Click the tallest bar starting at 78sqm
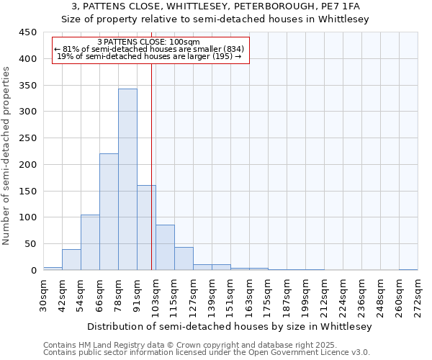(x=127, y=180)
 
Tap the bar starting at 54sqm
(x=90, y=243)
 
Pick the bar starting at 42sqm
(x=71, y=260)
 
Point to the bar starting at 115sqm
(x=184, y=258)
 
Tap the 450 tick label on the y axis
(x=27, y=32)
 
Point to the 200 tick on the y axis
(x=27, y=165)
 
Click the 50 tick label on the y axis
(x=30, y=244)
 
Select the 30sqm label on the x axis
(x=44, y=295)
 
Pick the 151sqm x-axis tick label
(x=231, y=295)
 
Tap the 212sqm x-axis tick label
(x=325, y=295)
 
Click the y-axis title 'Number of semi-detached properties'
(x=7, y=155)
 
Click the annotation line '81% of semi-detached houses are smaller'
(x=150, y=49)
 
